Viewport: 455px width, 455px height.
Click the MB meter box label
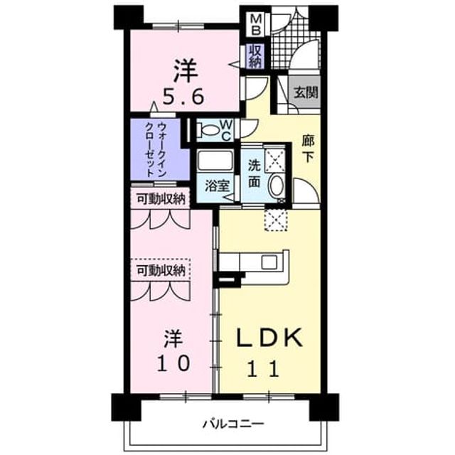click(x=255, y=24)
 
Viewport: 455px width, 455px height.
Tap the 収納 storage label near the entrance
click(x=255, y=56)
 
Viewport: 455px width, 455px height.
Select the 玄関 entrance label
click(x=306, y=92)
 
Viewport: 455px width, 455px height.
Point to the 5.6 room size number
click(x=183, y=97)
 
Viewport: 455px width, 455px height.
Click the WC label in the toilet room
click(x=227, y=131)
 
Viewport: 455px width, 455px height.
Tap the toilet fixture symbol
click(x=208, y=129)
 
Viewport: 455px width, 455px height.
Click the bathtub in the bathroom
click(x=215, y=161)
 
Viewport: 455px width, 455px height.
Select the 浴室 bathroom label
click(x=218, y=186)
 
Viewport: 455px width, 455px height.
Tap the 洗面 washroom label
click(x=255, y=174)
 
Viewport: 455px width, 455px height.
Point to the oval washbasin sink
click(x=277, y=186)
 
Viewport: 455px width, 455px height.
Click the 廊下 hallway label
click(x=308, y=149)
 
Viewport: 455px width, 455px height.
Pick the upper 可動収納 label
click(x=161, y=200)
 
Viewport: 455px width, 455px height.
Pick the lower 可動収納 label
click(x=161, y=271)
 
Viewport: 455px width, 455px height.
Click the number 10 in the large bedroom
click(x=173, y=363)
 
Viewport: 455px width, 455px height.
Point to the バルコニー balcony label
click(x=234, y=424)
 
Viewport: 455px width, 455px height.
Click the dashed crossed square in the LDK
click(x=276, y=220)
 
